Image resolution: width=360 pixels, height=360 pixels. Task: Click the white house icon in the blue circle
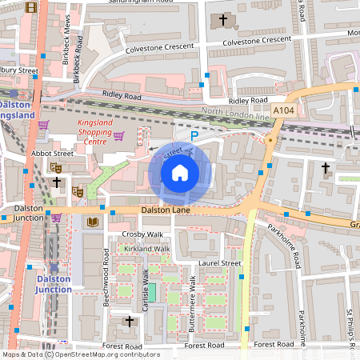(180, 173)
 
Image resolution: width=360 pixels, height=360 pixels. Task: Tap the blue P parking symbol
(194, 137)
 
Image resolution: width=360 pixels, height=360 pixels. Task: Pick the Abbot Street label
(52, 153)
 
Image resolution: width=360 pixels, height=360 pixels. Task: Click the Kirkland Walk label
(146, 249)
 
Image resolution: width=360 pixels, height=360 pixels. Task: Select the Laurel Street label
(219, 262)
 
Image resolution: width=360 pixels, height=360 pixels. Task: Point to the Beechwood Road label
(106, 271)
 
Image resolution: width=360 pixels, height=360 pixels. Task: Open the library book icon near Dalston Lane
(93, 222)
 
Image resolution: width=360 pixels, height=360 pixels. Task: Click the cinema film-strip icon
(31, 8)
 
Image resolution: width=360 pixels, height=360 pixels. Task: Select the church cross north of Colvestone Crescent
(222, 18)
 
